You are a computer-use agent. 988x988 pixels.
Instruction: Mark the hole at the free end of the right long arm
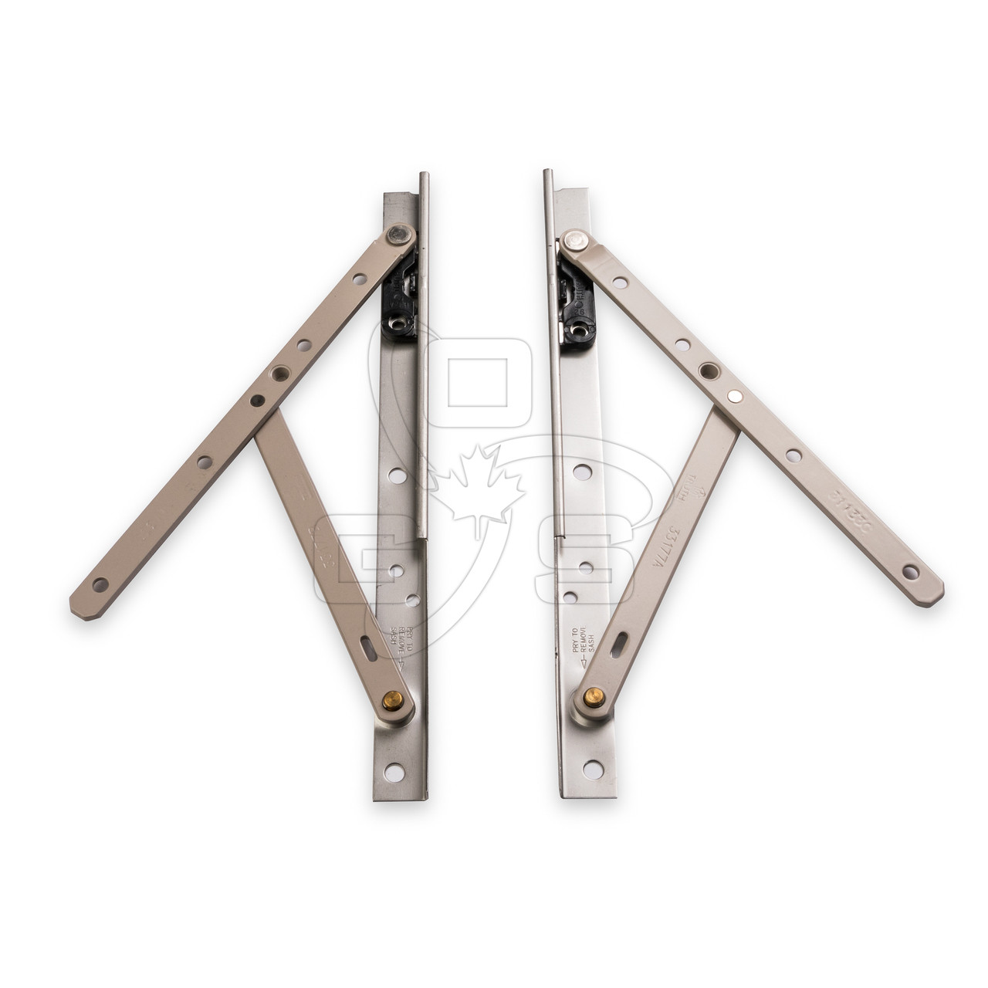[912, 572]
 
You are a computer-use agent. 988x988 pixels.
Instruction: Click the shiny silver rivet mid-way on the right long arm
[736, 395]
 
